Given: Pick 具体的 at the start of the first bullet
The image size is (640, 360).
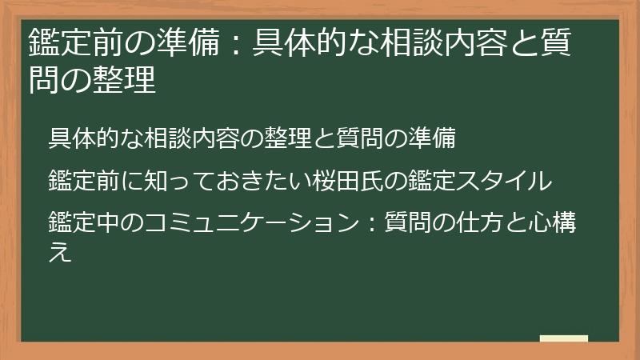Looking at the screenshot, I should [x=86, y=138].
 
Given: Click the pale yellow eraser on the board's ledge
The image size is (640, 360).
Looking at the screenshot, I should [x=564, y=338].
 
